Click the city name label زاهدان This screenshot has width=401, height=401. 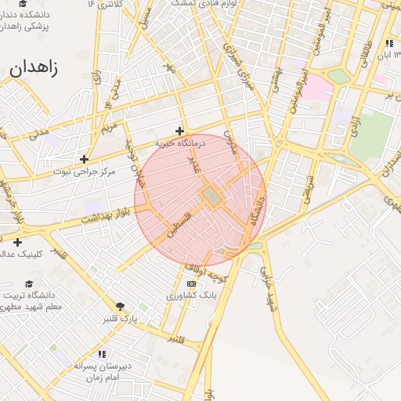point(34,67)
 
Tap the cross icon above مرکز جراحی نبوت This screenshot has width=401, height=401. point(84,159)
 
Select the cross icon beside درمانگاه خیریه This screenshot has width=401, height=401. point(180,131)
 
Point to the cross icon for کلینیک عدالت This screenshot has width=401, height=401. point(17,242)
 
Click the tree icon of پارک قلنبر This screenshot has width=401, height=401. point(120,306)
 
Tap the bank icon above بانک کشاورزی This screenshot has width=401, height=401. point(191,284)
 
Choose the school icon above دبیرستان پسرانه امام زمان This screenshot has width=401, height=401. point(102,355)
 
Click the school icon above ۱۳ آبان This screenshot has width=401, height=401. point(389,43)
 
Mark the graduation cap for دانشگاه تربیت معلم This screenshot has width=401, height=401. point(29,284)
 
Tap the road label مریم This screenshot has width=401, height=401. point(110,127)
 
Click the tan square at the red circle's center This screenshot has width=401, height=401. point(210,197)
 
